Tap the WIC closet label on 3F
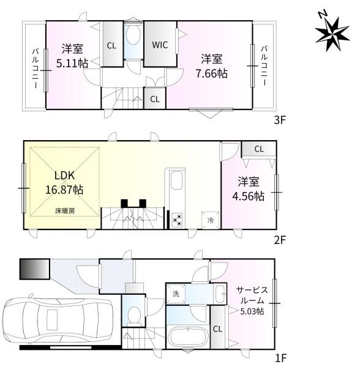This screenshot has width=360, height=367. pos(160,45)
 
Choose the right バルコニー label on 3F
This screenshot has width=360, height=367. pos(264,65)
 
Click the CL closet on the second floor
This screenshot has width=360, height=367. pos(259,149)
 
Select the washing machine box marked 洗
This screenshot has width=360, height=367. pos(176,294)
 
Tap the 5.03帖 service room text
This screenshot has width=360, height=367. pos(252,311)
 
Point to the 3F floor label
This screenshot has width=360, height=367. pos(280,120)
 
